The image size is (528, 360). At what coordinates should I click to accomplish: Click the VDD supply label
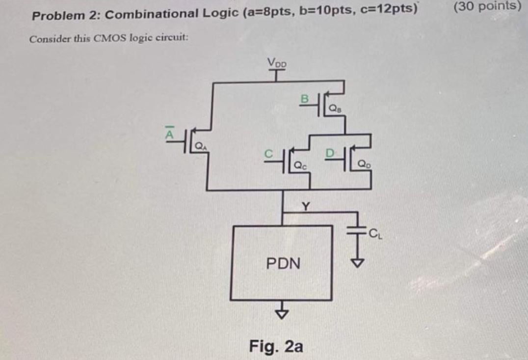[278, 63]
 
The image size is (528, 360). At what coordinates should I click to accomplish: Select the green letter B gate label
[304, 98]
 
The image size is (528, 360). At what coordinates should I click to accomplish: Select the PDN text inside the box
[283, 263]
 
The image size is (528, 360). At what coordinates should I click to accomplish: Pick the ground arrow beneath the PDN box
[282, 314]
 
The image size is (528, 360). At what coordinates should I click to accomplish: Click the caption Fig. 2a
[276, 346]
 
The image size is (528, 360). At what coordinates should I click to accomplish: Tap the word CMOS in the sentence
[100, 39]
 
